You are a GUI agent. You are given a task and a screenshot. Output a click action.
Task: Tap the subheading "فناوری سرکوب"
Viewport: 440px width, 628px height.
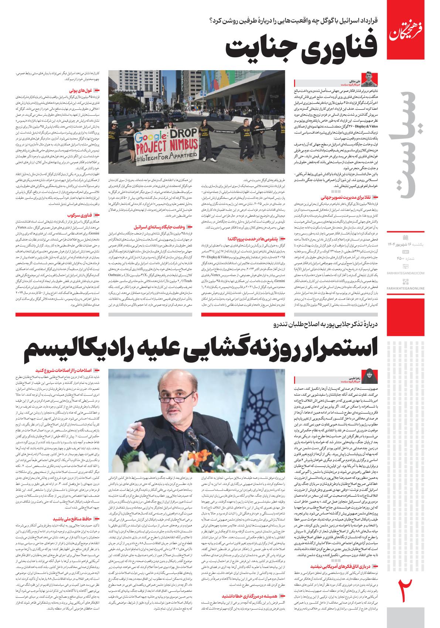pos(79,215)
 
